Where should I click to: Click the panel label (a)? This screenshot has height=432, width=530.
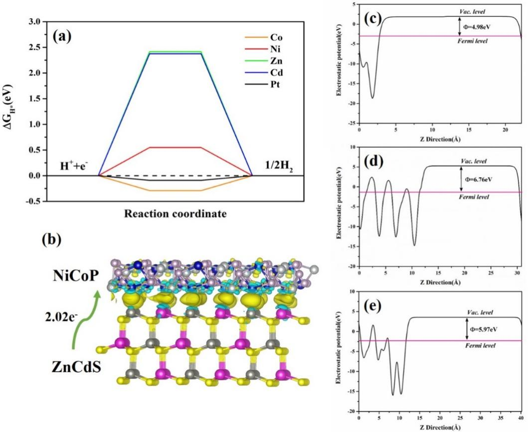[x=64, y=37]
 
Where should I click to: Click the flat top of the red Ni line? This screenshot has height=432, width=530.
[x=175, y=147]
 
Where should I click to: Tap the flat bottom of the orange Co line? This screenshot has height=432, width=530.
[x=175, y=191]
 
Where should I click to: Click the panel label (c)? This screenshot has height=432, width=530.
[x=372, y=19]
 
